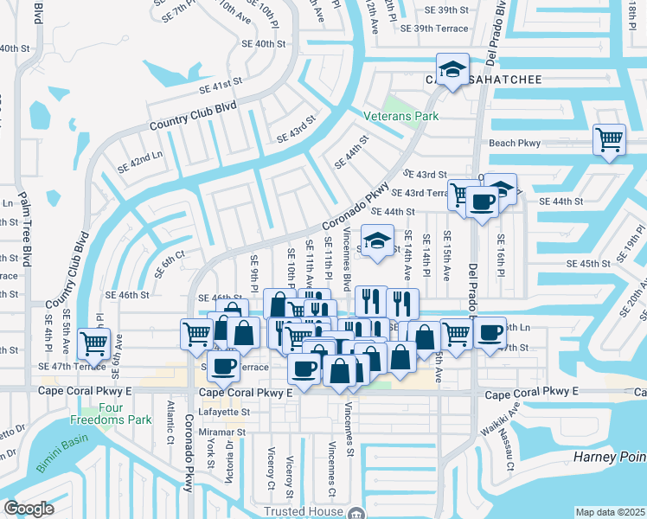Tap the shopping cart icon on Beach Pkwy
point(610,139)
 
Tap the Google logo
point(29,509)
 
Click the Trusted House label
point(302,512)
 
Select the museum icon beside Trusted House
point(355,513)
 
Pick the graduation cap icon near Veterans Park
point(451,70)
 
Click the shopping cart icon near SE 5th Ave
point(93,342)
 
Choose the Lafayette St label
point(221,413)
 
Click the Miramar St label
point(223,432)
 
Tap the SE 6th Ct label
point(170,263)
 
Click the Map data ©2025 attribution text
point(611,512)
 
